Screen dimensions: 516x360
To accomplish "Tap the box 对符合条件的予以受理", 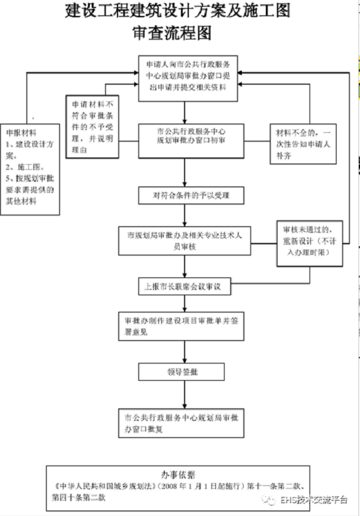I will tap(183, 196).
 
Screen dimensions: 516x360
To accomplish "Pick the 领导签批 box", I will tap(183, 372).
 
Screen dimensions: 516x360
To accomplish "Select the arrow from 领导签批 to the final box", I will tap(183, 394).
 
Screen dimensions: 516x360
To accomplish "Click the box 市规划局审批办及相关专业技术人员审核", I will tap(183, 240).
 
